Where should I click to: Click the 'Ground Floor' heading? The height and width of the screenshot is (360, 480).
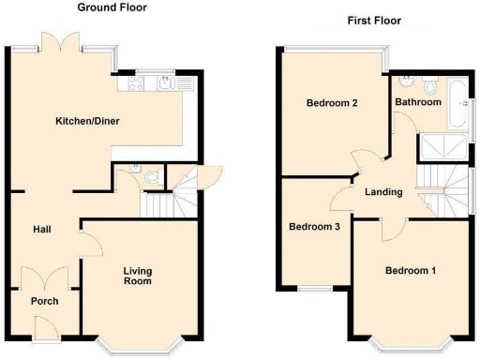111,8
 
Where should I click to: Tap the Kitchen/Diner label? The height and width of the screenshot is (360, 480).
87,122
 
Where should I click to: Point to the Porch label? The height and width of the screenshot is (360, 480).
44,301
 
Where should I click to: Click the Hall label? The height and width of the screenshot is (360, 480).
42,229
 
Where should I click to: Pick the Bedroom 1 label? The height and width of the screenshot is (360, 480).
411,272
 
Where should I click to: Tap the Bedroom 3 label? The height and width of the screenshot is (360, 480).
314,227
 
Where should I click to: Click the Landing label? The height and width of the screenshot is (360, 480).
383,192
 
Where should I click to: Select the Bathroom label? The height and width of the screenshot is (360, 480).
417,101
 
